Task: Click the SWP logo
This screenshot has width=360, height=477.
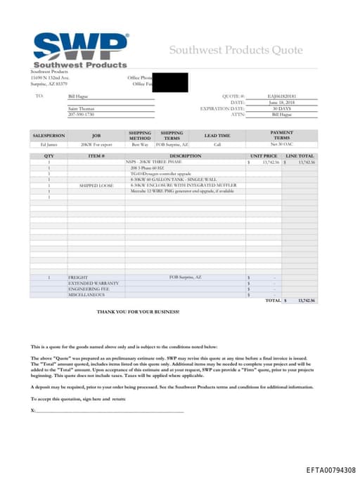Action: (79, 49)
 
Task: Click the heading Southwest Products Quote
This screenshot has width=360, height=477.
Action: (236, 50)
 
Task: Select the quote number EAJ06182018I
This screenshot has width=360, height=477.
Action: (282, 96)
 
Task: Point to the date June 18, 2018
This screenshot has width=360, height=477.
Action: (282, 103)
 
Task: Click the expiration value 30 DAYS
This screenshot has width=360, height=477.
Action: (282, 108)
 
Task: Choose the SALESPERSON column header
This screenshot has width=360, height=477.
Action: (49, 135)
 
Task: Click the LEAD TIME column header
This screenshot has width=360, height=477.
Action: (217, 135)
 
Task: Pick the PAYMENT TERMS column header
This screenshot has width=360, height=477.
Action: (281, 135)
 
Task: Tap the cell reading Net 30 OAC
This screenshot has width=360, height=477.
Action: (281, 144)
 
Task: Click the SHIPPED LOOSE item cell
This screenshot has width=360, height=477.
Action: (96, 185)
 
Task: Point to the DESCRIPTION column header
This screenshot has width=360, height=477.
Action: (186, 155)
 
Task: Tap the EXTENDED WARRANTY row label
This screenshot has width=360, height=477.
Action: (94, 283)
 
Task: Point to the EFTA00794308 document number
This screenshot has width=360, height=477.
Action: (330, 469)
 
